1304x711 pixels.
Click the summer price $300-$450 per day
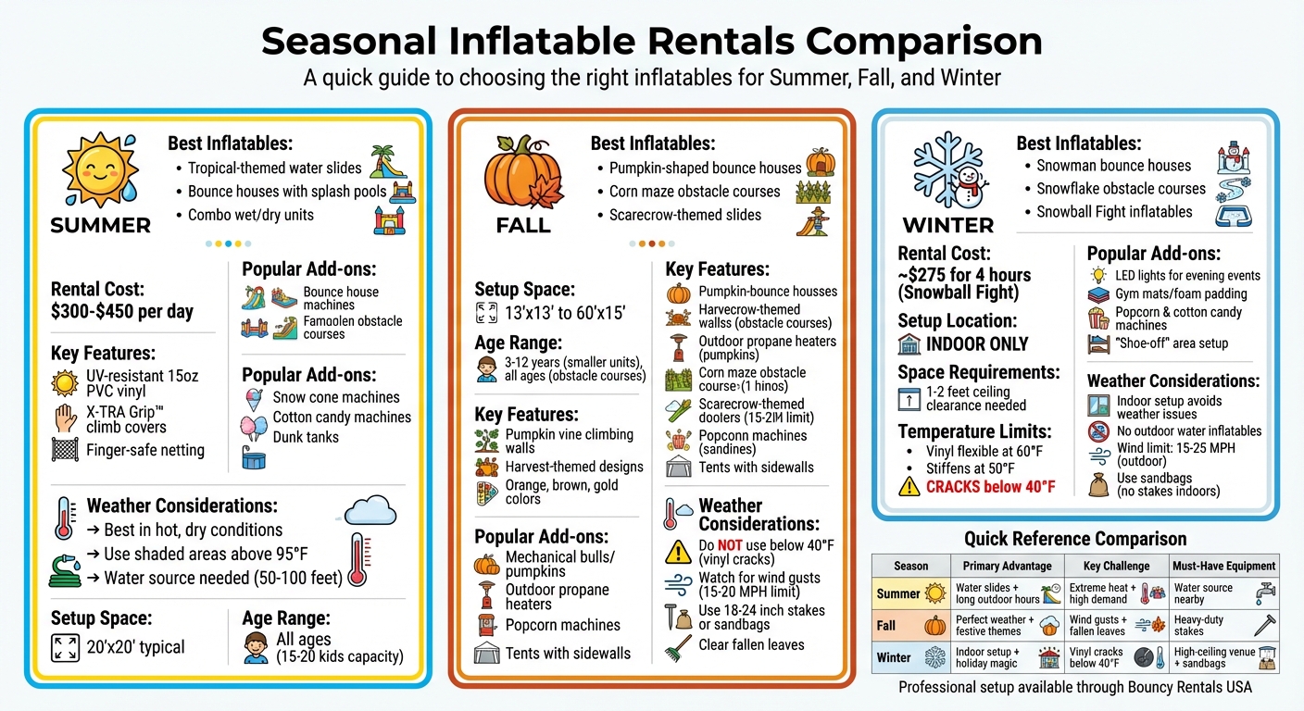point(122,311)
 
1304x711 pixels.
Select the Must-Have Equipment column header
point(1223,566)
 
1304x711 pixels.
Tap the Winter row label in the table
point(894,657)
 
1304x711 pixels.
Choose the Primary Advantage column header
point(1007,566)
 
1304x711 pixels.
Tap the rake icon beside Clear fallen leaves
point(679,645)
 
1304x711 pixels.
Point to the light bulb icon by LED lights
point(1098,275)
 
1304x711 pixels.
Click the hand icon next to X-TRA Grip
point(65,419)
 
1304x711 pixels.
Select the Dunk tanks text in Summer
point(306,437)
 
